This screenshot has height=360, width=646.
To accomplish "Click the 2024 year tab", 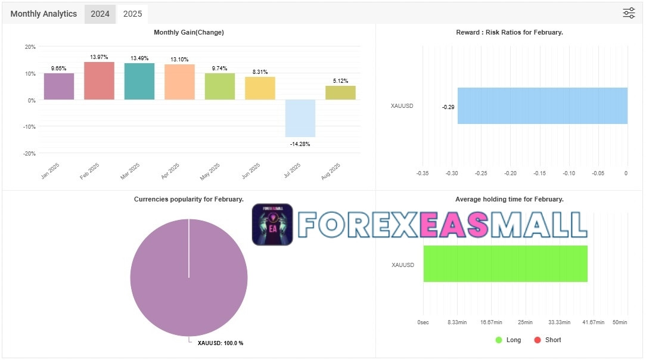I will point(100,14).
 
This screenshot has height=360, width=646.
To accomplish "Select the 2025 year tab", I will point(132,14).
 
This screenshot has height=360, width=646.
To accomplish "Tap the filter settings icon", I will point(629,13).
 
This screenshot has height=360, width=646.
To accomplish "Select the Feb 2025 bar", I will point(99,80).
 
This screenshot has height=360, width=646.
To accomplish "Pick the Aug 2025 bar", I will point(340,92).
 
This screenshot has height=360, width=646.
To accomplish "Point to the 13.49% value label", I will point(139,58).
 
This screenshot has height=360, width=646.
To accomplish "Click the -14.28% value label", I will point(300,144).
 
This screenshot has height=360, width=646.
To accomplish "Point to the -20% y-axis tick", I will point(29,153).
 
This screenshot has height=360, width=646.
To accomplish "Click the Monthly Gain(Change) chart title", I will point(189,32).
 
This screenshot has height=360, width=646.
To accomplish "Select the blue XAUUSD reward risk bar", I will point(542,105).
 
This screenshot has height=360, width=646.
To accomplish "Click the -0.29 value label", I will point(448,107).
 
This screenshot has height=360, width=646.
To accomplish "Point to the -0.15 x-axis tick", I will point(539,173).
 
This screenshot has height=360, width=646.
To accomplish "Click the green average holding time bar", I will point(505,263).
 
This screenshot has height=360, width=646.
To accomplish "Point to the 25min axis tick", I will point(525,322).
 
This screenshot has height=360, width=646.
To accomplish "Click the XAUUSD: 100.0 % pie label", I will point(220,343).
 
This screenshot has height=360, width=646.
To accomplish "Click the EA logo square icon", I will point(272,225).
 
